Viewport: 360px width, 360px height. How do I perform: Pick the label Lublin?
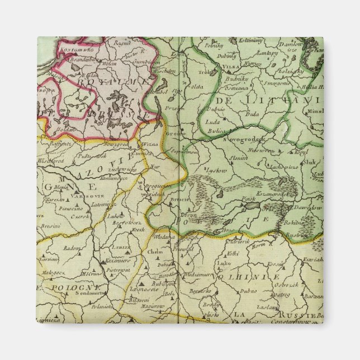121,246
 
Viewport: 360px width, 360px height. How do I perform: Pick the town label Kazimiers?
119,260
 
